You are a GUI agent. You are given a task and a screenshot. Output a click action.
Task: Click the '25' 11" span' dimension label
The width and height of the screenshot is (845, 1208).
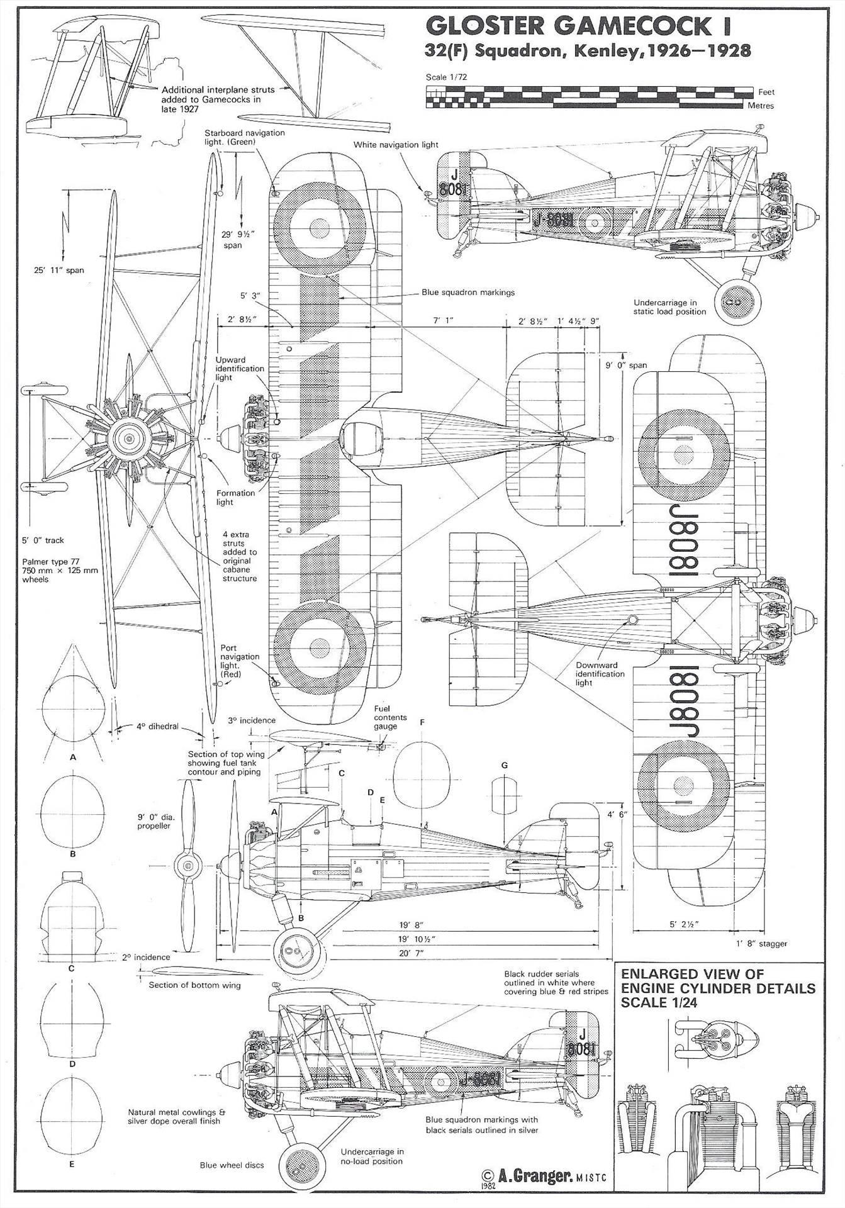click(59, 271)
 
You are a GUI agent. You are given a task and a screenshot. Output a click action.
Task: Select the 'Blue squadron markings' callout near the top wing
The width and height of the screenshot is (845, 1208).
click(468, 293)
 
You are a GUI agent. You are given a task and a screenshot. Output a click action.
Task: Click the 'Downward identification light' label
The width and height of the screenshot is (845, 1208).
click(600, 673)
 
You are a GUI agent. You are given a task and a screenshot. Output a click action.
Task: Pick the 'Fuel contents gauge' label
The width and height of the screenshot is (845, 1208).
click(390, 717)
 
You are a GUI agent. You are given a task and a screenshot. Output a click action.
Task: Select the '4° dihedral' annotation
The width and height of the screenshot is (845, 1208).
click(157, 726)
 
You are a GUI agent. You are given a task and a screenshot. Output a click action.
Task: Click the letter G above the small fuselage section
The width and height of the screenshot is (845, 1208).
click(504, 765)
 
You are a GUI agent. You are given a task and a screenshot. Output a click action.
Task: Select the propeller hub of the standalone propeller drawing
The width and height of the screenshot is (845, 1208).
click(187, 867)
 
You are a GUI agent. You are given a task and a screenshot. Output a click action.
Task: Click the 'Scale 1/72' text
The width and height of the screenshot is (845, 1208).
click(446, 77)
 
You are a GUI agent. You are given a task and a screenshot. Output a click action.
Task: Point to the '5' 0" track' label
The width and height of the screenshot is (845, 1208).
click(43, 540)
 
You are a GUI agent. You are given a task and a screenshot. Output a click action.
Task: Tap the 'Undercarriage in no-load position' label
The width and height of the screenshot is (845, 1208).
click(372, 1156)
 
